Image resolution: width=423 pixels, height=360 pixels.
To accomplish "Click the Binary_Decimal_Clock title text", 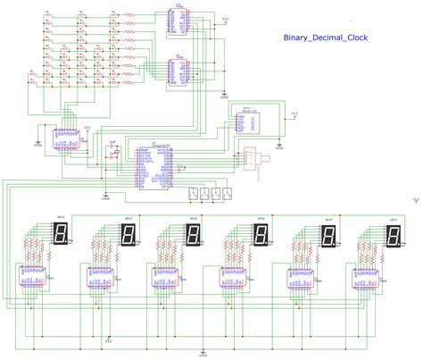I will (x=325, y=38).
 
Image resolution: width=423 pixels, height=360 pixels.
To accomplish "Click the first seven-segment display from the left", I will (x=62, y=234).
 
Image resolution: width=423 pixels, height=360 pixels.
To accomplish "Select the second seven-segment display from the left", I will (x=128, y=235).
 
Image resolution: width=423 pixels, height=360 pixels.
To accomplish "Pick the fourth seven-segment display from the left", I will (x=260, y=235).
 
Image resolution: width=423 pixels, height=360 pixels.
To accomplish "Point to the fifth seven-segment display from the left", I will (x=327, y=235).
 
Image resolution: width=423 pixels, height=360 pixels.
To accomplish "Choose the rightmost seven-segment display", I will (x=393, y=235).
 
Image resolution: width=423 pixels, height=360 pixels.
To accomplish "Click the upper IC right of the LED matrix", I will (x=178, y=21).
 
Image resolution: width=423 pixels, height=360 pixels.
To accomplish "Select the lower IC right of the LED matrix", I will (x=178, y=71).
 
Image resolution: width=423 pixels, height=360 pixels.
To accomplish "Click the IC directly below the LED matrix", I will (x=65, y=139).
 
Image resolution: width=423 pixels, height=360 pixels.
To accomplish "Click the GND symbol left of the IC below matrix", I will (x=37, y=140).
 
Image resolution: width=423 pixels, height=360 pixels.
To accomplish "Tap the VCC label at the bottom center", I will (x=109, y=339).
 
